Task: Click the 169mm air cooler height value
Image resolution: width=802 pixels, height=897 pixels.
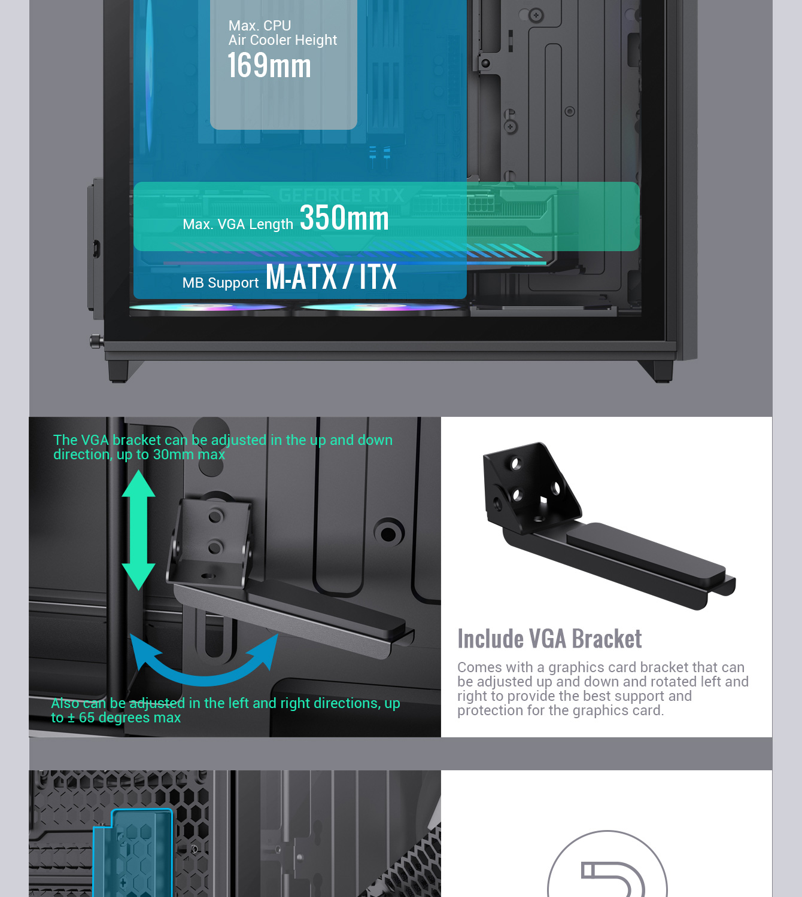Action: tap(269, 66)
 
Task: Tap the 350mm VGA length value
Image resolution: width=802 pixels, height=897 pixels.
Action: tap(344, 218)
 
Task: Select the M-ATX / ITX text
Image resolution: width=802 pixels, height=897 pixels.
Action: tap(331, 277)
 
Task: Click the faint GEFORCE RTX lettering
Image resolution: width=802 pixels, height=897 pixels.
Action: tap(341, 196)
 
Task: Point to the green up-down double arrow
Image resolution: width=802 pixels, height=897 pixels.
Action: tap(139, 529)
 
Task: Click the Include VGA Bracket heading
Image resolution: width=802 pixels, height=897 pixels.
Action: tap(549, 639)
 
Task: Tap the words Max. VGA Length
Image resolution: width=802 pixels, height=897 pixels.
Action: tap(238, 224)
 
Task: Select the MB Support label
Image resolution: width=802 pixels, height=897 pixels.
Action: tap(220, 282)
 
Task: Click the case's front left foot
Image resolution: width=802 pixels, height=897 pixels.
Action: tap(119, 371)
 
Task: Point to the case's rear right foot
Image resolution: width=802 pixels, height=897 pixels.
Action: tap(663, 371)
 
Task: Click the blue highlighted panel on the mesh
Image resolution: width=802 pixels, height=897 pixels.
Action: tap(133, 853)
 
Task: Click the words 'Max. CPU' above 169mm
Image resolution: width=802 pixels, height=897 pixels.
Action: tap(260, 26)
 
